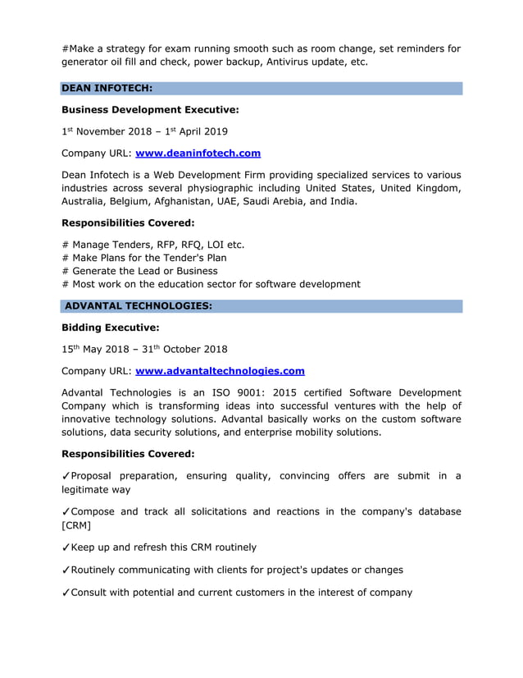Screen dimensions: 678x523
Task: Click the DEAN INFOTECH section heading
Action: pos(107,89)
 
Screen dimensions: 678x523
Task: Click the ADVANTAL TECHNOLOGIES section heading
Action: pos(138,306)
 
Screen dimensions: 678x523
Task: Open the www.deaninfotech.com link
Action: pos(198,153)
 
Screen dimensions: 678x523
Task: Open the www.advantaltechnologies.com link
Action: pos(220,370)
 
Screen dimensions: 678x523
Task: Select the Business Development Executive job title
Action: pos(150,109)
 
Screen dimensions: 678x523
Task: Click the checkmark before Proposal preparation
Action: pos(66,476)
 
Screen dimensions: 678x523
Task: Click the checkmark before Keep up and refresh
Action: pos(66,547)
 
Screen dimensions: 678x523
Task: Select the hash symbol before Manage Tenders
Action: pos(66,245)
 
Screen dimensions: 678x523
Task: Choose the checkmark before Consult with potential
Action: pos(66,592)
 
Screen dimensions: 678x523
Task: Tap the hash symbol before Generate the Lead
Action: pos(66,271)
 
